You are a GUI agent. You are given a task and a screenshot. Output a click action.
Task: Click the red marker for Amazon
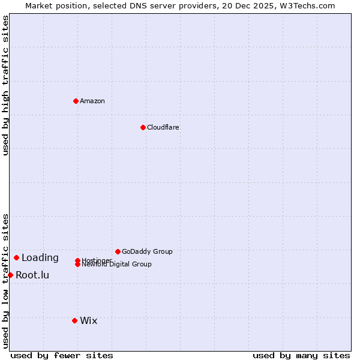[76, 101]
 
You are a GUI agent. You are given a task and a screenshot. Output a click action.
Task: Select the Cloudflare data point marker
[143, 127]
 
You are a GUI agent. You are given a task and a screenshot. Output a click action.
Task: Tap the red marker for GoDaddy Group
[118, 251]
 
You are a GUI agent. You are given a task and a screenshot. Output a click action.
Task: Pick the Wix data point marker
[74, 320]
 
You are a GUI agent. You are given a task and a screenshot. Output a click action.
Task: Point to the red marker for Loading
[16, 257]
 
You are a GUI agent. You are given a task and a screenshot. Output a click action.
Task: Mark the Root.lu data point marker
[10, 275]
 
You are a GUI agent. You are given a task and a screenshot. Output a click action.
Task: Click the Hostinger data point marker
[77, 260]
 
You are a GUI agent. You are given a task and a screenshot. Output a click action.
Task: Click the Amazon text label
[92, 101]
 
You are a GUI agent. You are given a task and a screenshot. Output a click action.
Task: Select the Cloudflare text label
[163, 127]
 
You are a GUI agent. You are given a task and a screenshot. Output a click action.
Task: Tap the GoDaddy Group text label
[147, 251]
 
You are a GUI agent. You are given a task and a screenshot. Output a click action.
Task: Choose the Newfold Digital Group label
[116, 265]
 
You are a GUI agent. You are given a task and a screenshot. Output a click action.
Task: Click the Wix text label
[89, 320]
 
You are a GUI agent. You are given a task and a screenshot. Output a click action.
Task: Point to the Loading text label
[40, 258]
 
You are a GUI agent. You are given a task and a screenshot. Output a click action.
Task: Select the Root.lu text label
[32, 275]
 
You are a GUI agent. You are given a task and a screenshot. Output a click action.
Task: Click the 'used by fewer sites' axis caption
[62, 356]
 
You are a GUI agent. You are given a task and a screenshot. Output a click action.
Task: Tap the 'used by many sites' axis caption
[301, 356]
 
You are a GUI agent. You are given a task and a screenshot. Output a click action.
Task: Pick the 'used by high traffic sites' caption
[5, 85]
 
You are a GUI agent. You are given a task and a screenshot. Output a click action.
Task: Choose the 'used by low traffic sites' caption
[5, 280]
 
